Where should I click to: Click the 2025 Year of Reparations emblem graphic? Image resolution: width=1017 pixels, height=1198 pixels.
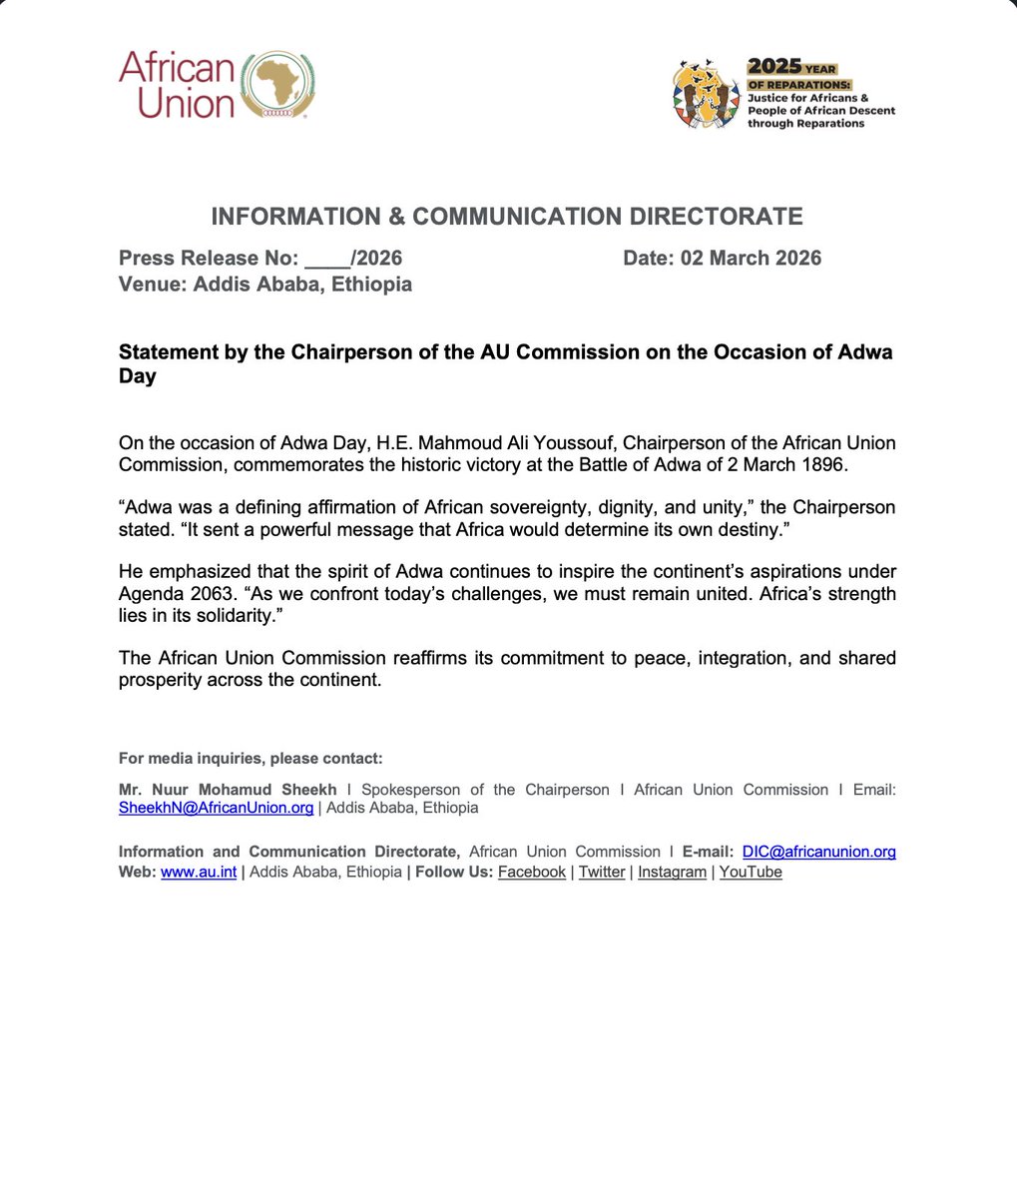(x=707, y=95)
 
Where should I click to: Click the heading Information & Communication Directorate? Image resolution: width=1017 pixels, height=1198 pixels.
(x=507, y=216)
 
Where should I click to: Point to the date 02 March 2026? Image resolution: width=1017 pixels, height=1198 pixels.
(x=751, y=259)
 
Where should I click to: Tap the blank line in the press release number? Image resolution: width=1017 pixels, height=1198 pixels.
(x=324, y=260)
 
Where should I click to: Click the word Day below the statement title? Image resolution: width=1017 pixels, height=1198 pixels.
(x=137, y=377)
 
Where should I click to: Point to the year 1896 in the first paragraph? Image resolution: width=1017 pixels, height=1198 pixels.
(x=824, y=464)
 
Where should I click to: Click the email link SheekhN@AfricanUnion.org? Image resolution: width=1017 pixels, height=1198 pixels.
(x=216, y=808)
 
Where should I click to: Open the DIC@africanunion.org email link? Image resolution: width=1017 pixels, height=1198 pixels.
(x=818, y=852)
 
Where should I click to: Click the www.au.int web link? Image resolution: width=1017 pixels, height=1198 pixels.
(x=198, y=872)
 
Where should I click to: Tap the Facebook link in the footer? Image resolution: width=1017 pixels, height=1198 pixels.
(x=532, y=872)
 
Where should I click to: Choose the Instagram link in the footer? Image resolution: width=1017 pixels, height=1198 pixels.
(x=672, y=872)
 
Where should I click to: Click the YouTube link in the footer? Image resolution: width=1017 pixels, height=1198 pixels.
(x=751, y=872)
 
